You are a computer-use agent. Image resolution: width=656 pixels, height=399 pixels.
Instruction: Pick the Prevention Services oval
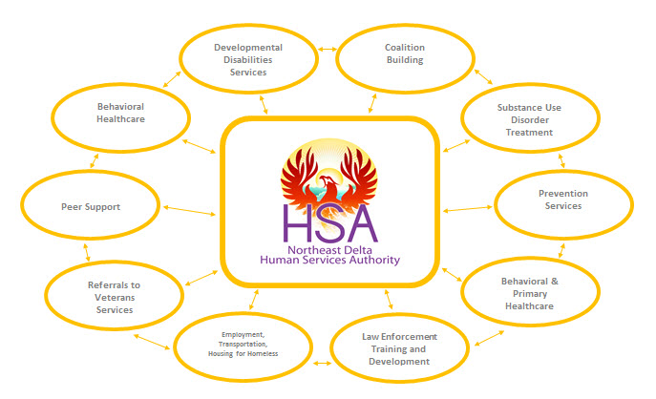pos(562,199)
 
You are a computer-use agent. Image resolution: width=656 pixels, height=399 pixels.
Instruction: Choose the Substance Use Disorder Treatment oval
pos(529,120)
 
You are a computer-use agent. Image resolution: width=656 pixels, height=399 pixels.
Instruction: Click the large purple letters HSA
pos(330,222)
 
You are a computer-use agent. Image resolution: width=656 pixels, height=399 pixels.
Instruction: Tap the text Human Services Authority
pos(329,260)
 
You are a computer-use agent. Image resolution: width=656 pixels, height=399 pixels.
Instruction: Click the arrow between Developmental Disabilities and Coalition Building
pos(327,49)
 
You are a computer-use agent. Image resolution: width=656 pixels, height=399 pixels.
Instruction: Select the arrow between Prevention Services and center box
pos(468,208)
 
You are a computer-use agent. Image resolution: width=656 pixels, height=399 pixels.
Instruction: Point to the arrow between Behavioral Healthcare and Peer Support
pos(93,163)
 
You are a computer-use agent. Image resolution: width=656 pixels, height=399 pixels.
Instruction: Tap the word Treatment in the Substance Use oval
pos(530,133)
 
